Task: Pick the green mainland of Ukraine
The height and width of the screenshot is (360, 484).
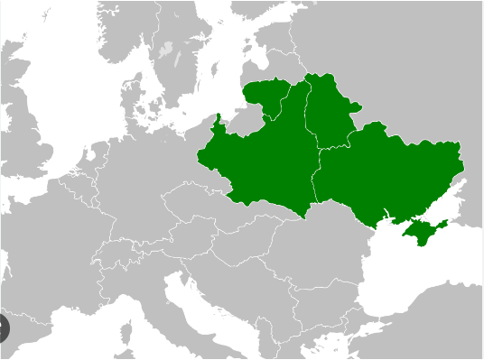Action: pos(388,176)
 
